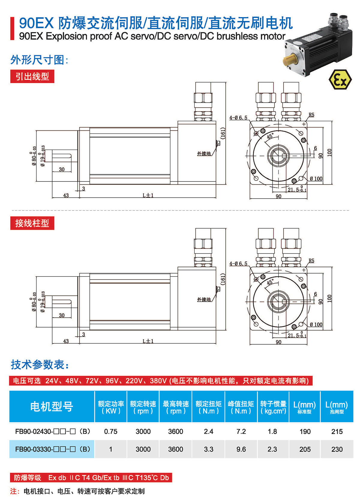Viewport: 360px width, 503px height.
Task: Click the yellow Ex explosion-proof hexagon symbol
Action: pos(340,79)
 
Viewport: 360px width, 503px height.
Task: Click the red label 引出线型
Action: pos(32,76)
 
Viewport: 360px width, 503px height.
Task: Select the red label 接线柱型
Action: pos(32,223)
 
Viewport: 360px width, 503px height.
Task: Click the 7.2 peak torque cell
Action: pos(241,431)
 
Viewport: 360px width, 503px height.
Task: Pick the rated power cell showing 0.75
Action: pos(111,431)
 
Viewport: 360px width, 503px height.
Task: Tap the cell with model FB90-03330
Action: pos(52,449)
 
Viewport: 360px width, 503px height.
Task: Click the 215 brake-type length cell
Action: pos(337,431)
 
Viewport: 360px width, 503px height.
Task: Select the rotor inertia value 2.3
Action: pos(272,449)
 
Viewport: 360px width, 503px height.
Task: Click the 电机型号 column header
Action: pos(52,407)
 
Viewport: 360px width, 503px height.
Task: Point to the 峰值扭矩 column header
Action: pos(241,407)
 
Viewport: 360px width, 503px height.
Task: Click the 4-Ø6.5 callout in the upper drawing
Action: pos(238,118)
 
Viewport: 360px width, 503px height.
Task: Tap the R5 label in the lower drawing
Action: pos(311,261)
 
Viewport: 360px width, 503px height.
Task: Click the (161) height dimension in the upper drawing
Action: pos(223,133)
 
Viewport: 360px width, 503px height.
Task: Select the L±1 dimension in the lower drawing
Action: pos(148,341)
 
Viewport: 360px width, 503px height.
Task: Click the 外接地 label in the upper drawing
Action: pos(204,154)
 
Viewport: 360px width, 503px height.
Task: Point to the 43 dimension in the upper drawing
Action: pos(66,195)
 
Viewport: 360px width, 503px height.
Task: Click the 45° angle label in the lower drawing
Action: pos(270,282)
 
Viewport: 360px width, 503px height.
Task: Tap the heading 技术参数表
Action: pos(40,364)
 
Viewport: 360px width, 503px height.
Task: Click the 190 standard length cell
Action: pos(305,431)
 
